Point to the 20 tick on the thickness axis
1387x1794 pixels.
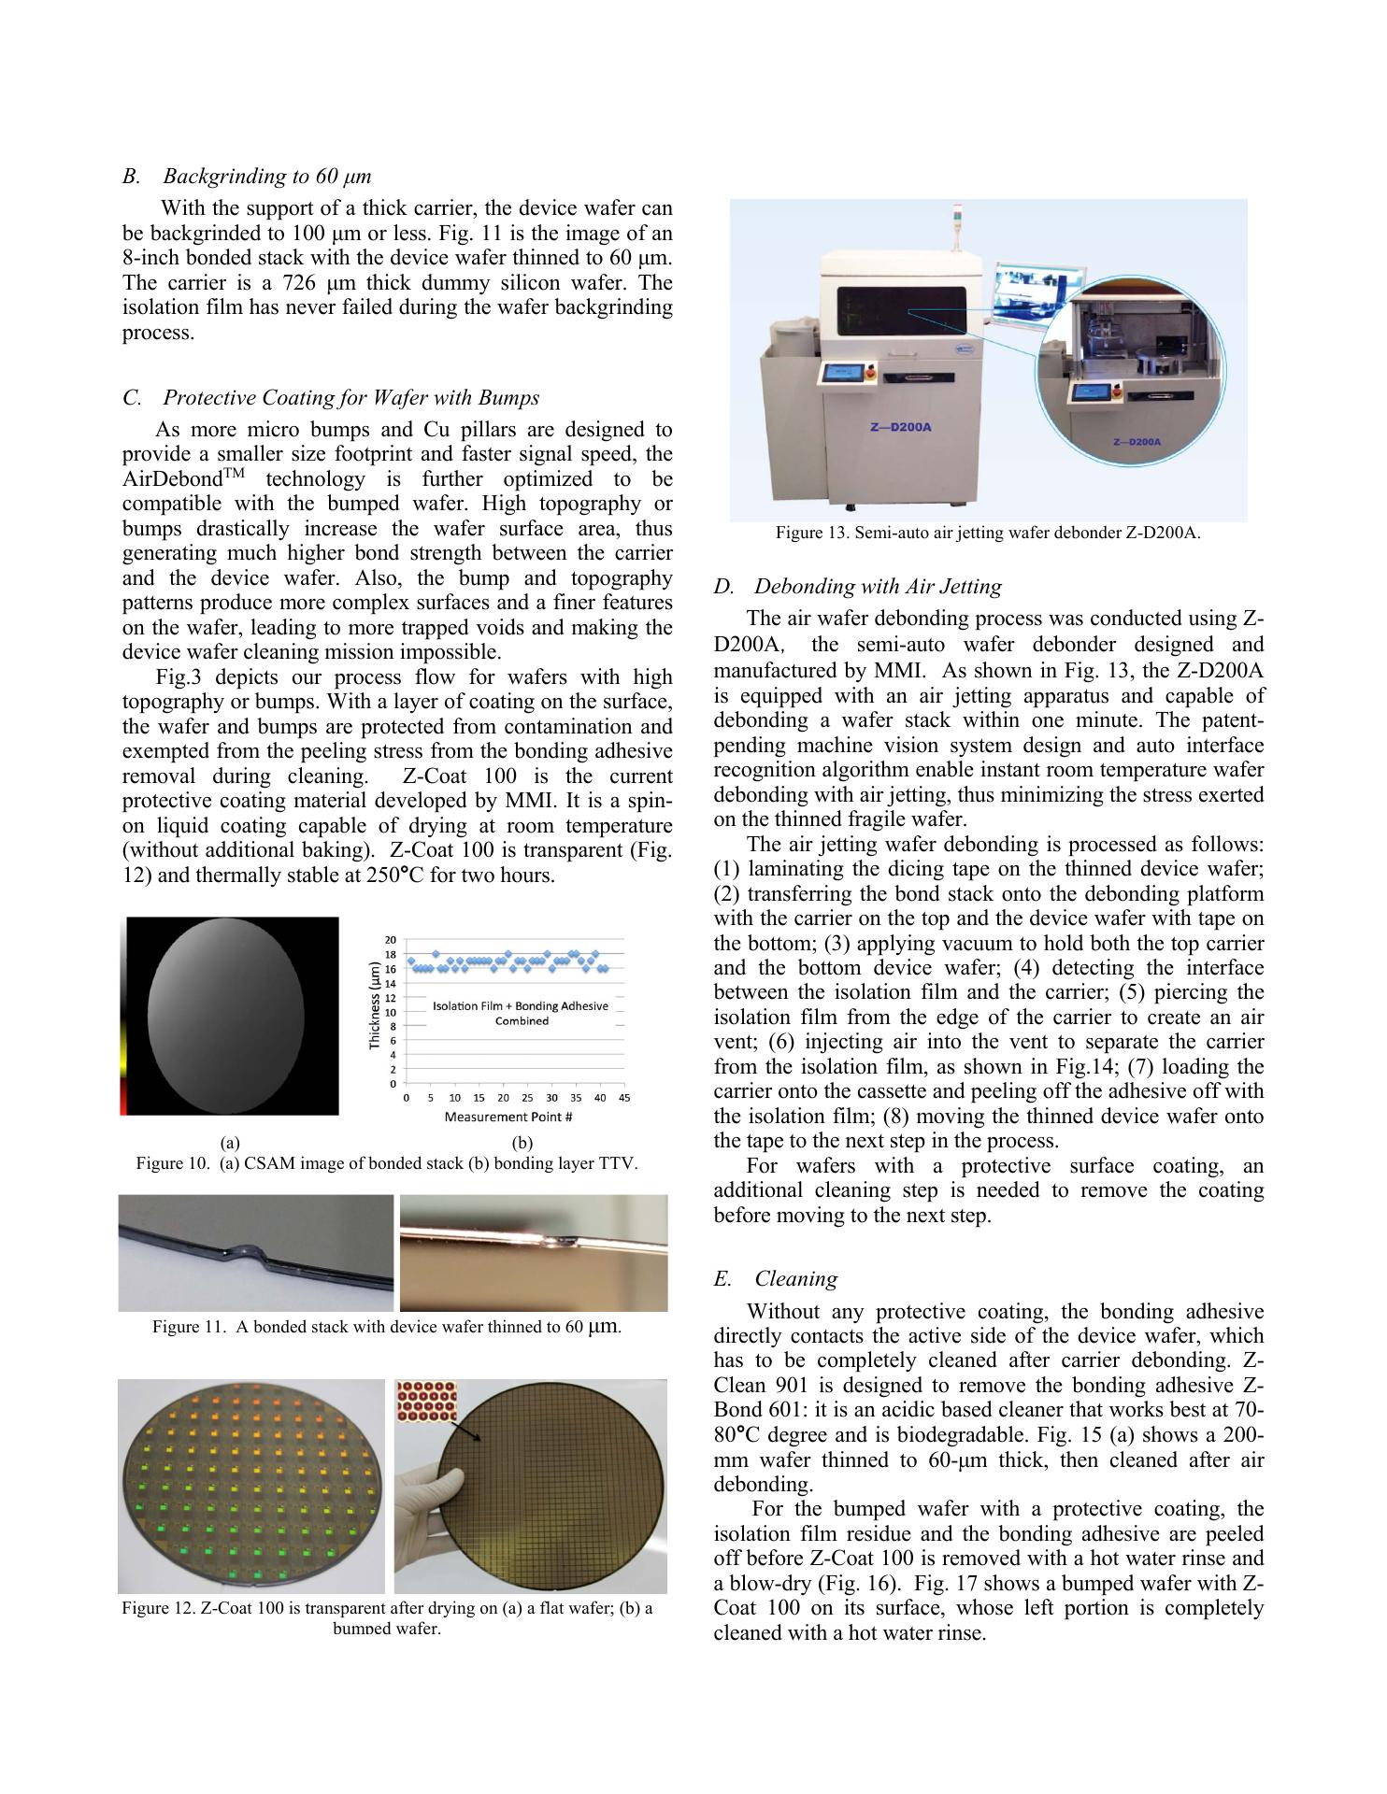tap(392, 940)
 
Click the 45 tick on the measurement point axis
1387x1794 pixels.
tap(624, 1098)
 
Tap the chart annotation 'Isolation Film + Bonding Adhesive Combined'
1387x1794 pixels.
tap(521, 1013)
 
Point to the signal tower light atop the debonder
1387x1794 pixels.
tap(958, 225)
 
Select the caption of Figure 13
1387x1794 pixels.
tap(988, 534)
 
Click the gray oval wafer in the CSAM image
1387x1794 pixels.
tap(227, 1016)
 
